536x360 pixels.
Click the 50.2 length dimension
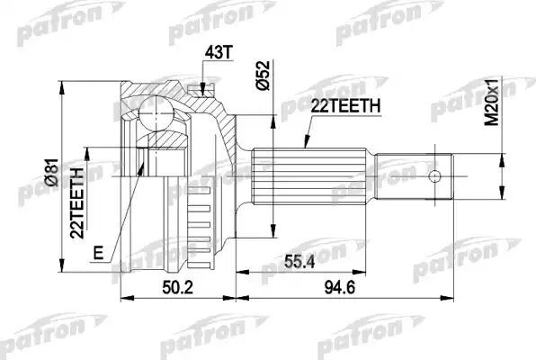tap(176, 288)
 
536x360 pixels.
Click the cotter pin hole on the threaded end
tap(434, 175)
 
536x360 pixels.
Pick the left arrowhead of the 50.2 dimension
tap(122, 295)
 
